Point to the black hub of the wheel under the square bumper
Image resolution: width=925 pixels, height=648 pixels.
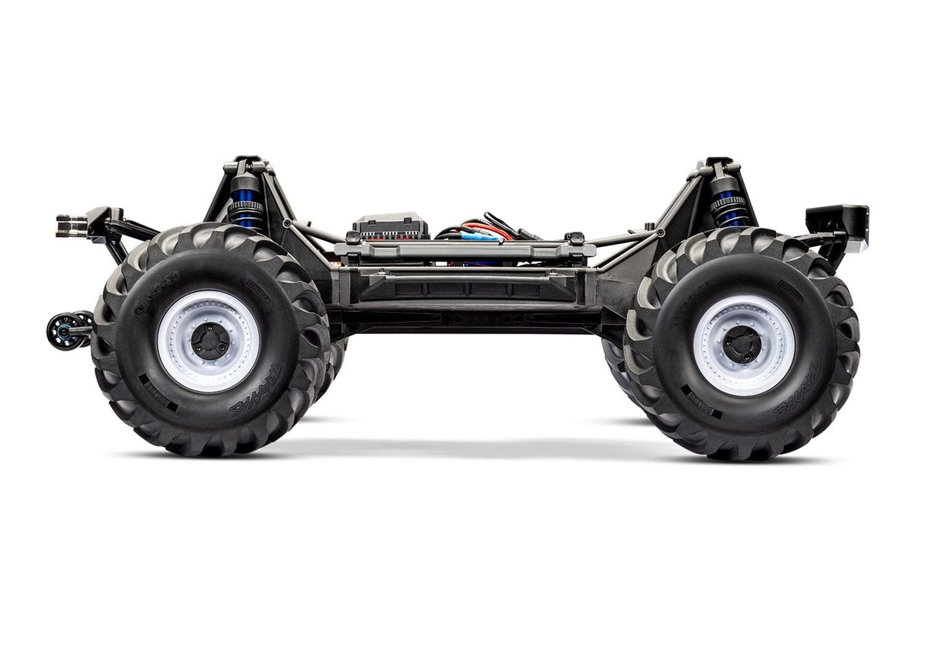click(743, 345)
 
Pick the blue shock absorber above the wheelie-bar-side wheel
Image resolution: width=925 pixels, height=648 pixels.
click(245, 204)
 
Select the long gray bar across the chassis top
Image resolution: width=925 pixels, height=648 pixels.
click(465, 249)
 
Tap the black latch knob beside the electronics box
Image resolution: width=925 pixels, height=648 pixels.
click(352, 238)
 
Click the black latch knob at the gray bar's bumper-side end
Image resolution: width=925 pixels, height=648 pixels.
click(576, 238)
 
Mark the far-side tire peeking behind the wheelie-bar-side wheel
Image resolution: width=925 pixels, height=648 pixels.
click(332, 366)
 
